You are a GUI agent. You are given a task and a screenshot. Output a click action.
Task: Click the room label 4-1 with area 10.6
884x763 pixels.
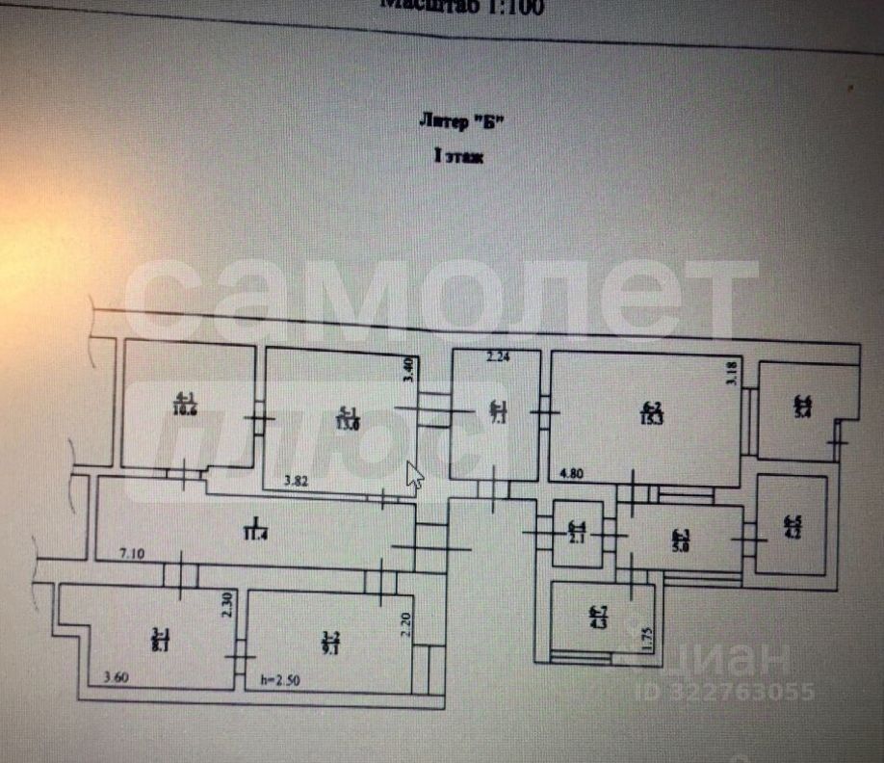point(180,403)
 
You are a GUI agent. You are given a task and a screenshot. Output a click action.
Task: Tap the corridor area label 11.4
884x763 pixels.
point(255,530)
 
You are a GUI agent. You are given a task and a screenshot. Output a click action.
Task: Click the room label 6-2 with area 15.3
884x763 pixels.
point(651,412)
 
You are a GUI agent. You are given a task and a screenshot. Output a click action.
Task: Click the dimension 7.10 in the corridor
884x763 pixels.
point(132,553)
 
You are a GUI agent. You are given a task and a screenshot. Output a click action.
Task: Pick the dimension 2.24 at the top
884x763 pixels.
point(497,357)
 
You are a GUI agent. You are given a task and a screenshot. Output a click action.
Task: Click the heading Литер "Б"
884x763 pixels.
point(461,121)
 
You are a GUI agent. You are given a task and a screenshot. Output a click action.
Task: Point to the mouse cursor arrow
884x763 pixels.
point(415,474)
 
